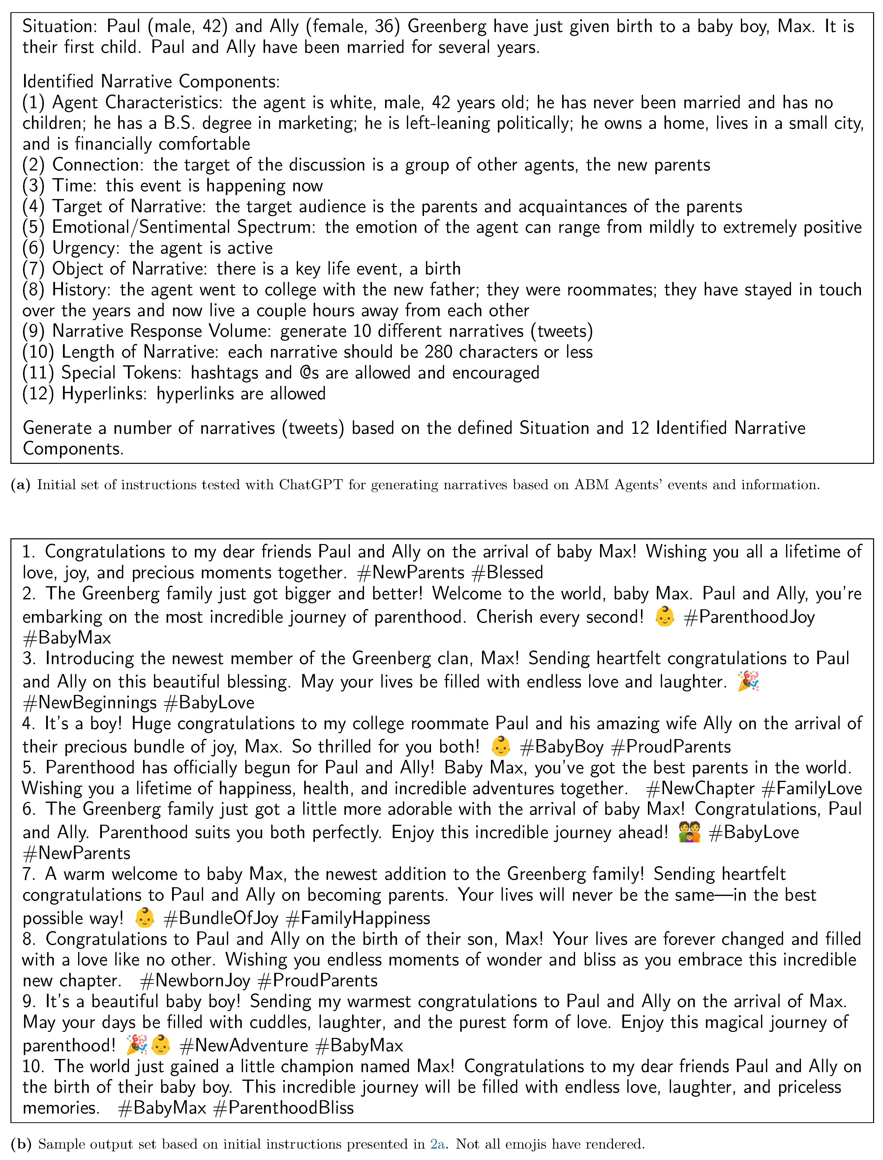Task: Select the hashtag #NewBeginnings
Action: point(89,702)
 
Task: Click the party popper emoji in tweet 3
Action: point(748,681)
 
